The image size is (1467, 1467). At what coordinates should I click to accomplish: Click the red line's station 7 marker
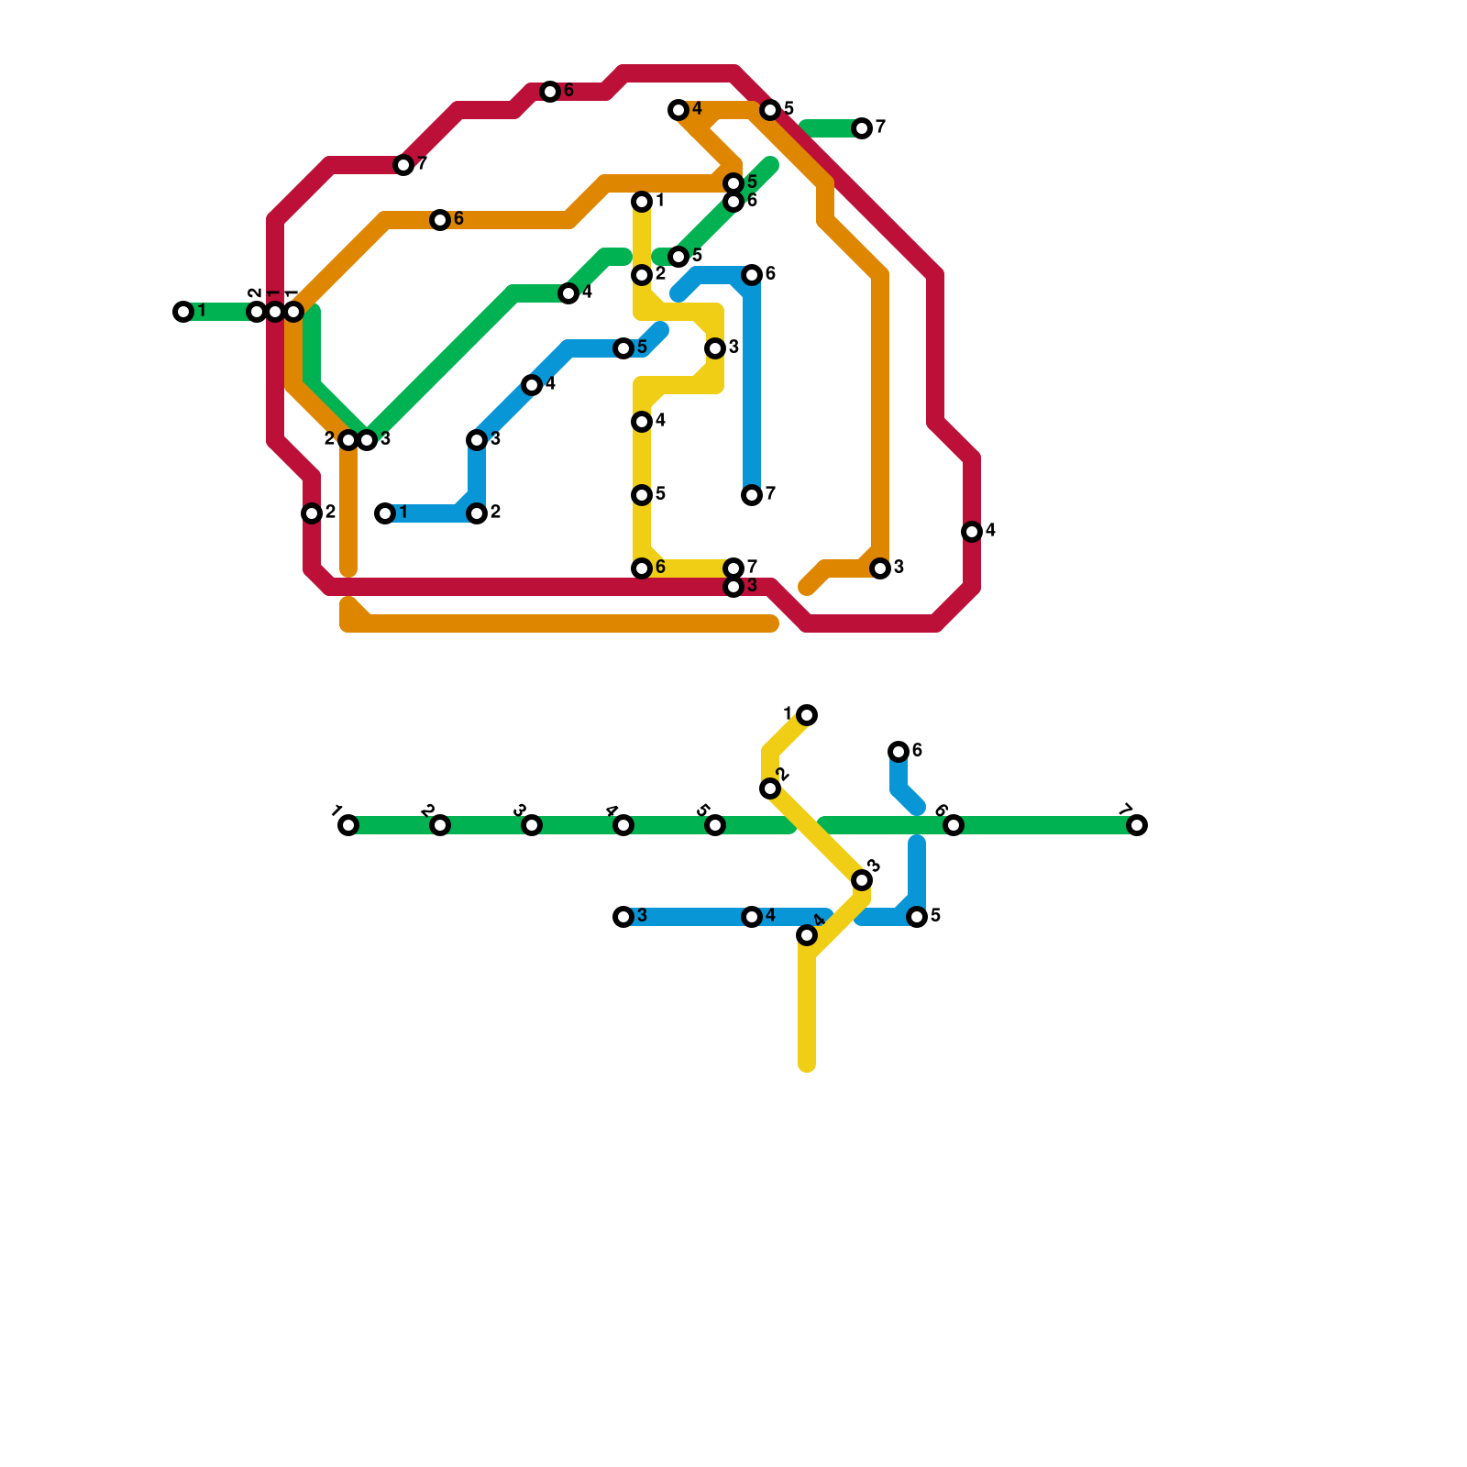(403, 165)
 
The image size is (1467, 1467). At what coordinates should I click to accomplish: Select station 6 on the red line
(550, 92)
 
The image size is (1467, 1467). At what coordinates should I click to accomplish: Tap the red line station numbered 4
(972, 532)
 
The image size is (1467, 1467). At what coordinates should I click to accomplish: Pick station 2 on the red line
(312, 513)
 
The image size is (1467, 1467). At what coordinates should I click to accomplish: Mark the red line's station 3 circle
(733, 587)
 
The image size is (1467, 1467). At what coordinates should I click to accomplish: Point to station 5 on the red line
(770, 110)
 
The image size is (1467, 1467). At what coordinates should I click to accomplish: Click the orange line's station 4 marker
(678, 110)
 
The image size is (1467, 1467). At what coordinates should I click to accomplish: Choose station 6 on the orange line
(440, 220)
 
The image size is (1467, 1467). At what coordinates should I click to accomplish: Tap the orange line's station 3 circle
(880, 568)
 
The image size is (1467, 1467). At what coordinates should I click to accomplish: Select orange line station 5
(733, 183)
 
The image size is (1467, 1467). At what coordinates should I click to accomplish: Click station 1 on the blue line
(385, 513)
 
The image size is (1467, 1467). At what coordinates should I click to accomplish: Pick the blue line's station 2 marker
(477, 513)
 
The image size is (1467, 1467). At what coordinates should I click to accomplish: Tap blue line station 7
(752, 495)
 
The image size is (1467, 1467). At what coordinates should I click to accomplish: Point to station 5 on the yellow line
(642, 495)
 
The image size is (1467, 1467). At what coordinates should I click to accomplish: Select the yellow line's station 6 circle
(642, 568)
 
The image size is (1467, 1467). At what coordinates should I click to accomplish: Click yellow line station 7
(733, 568)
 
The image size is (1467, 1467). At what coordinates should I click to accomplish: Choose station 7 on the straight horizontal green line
(1137, 825)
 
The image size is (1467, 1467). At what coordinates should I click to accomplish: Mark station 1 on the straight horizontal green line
(348, 825)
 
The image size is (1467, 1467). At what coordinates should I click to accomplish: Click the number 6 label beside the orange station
(458, 219)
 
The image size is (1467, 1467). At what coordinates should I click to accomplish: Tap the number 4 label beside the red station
(990, 531)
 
